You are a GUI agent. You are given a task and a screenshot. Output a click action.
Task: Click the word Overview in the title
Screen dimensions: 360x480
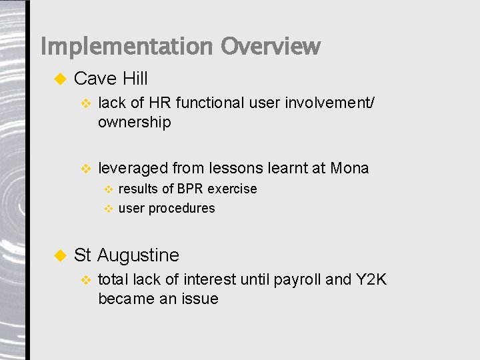click(x=271, y=47)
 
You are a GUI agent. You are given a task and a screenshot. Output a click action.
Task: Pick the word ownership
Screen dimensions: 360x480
click(x=134, y=123)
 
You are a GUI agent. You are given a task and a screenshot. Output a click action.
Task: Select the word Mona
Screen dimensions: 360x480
click(x=349, y=168)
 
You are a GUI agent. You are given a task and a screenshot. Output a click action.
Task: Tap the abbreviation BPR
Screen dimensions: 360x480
click(x=189, y=189)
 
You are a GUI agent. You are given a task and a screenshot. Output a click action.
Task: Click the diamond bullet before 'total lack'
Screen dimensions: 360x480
click(x=85, y=279)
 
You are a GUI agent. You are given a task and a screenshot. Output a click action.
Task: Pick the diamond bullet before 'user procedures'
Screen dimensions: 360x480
click(x=109, y=209)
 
